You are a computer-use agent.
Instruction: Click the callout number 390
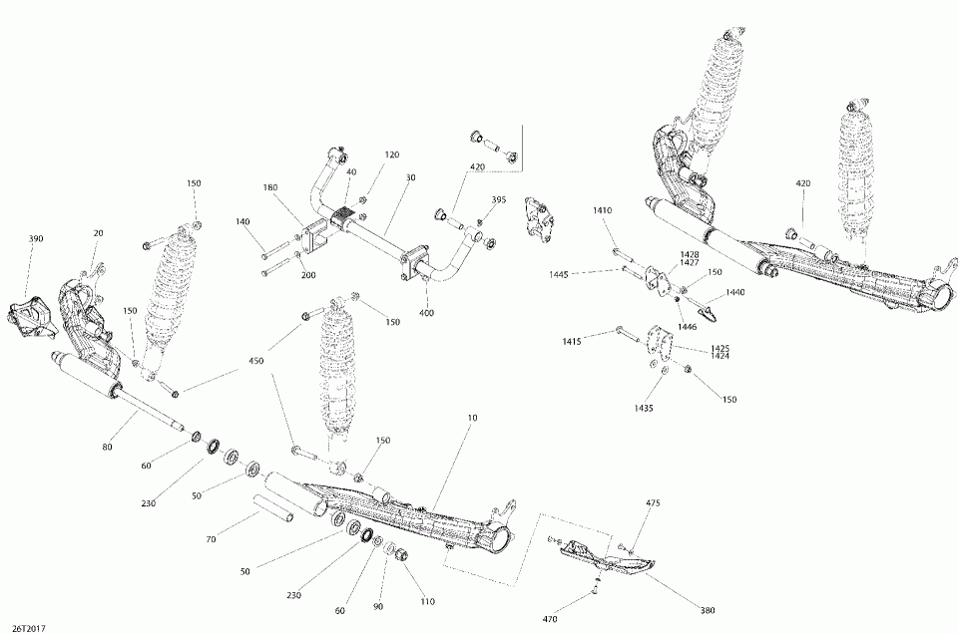[36, 239]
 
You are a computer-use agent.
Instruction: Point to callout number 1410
[602, 210]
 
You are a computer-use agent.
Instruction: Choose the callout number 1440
[735, 292]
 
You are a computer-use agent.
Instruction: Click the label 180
[270, 188]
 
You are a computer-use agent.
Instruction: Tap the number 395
[499, 199]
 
